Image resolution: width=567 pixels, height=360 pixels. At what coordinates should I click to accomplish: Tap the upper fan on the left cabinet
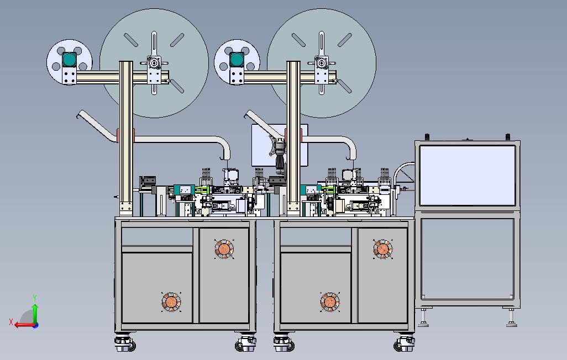(224, 249)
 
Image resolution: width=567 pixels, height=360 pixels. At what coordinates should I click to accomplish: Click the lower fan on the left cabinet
(171, 301)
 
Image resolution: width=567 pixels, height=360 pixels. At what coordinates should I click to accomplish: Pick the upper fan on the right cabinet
(382, 249)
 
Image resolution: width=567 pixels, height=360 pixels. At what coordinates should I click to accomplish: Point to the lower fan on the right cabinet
(330, 301)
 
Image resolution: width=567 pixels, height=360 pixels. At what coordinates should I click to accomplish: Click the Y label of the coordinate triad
(35, 298)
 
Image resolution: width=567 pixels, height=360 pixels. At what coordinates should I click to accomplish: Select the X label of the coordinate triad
(11, 322)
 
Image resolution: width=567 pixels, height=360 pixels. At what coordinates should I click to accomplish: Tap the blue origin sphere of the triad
(35, 325)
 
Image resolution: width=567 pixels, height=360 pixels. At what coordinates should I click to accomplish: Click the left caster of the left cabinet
(125, 343)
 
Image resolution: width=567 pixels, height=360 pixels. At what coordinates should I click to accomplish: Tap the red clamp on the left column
(126, 135)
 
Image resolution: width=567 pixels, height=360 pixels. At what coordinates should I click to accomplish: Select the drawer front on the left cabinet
(157, 237)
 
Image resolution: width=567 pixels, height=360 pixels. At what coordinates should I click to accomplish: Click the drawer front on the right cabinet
(316, 237)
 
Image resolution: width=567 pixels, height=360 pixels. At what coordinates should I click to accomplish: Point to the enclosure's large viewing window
(467, 175)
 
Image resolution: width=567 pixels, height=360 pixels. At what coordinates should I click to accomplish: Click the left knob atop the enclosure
(426, 136)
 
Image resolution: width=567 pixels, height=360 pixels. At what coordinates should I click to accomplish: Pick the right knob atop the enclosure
(508, 136)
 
